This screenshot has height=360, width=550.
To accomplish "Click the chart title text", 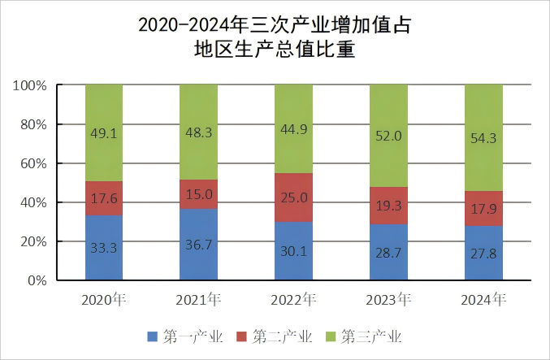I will click(275, 37).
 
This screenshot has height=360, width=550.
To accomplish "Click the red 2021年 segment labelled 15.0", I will click(198, 193).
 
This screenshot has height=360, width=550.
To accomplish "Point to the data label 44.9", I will click(293, 127).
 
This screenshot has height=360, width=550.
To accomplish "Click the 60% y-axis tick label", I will click(35, 164).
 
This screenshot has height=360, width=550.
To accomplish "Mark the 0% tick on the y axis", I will click(39, 281).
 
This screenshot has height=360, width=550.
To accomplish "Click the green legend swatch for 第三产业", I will click(331, 336).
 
